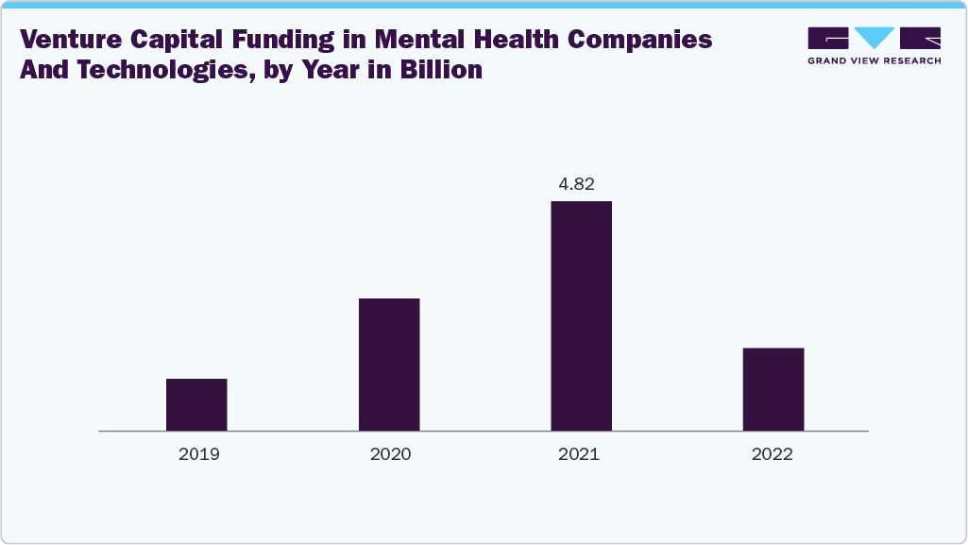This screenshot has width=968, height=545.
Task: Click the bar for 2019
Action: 196,404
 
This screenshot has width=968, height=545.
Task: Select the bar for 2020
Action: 389,365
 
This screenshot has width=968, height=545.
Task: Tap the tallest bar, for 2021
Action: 581,315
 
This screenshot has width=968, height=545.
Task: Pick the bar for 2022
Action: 773,389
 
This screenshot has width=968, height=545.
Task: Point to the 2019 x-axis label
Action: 197,454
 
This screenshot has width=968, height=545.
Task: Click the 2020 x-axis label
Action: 390,454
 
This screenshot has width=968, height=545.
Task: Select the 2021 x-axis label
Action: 579,454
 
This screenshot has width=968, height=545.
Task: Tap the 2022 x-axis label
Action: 773,454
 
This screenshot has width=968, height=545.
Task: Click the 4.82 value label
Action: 575,184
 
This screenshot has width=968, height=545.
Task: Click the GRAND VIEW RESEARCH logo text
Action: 875,60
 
